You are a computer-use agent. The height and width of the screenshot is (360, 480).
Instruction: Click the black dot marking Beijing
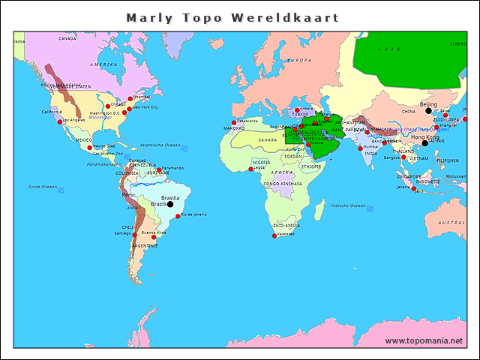click(429, 111)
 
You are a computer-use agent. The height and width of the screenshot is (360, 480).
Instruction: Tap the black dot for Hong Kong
click(424, 143)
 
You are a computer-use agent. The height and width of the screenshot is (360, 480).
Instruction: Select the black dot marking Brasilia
click(170, 203)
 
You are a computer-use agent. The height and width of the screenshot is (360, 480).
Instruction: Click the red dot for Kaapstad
click(274, 236)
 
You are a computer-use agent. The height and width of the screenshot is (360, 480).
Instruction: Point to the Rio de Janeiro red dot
click(178, 217)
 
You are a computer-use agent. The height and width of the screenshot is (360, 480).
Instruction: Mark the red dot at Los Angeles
click(60, 121)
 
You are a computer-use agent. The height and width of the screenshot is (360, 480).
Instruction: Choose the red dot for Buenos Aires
click(154, 237)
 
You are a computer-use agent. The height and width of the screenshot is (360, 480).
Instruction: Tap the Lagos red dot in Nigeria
click(250, 169)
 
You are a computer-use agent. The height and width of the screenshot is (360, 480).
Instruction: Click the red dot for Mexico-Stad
click(90, 148)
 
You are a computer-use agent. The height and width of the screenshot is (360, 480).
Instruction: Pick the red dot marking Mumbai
click(360, 148)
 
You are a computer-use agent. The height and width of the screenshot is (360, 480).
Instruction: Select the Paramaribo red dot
click(159, 170)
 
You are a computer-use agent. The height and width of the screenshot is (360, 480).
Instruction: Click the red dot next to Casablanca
click(234, 122)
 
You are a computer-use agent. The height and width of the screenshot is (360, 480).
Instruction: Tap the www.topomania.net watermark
click(424, 340)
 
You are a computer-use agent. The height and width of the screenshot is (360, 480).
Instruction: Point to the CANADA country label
click(67, 37)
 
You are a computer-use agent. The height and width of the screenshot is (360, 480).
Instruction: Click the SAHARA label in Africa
click(268, 139)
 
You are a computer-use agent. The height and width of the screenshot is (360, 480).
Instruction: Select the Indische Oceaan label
click(348, 205)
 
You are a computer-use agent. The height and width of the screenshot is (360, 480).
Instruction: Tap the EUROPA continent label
click(299, 60)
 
